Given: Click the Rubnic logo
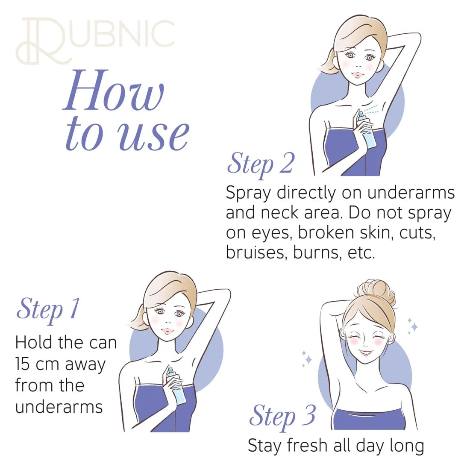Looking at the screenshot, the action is (x=95, y=41).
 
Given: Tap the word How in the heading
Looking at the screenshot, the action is (x=114, y=91).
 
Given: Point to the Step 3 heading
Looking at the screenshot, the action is (x=282, y=417).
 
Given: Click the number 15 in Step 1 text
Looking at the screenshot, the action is (x=23, y=364).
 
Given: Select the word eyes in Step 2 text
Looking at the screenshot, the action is (x=272, y=234).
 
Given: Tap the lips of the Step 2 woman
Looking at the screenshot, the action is (x=357, y=74).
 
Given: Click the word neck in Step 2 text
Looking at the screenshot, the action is (x=280, y=213).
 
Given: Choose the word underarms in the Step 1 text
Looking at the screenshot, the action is (x=59, y=407).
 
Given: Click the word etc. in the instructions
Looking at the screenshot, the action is (x=361, y=253).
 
